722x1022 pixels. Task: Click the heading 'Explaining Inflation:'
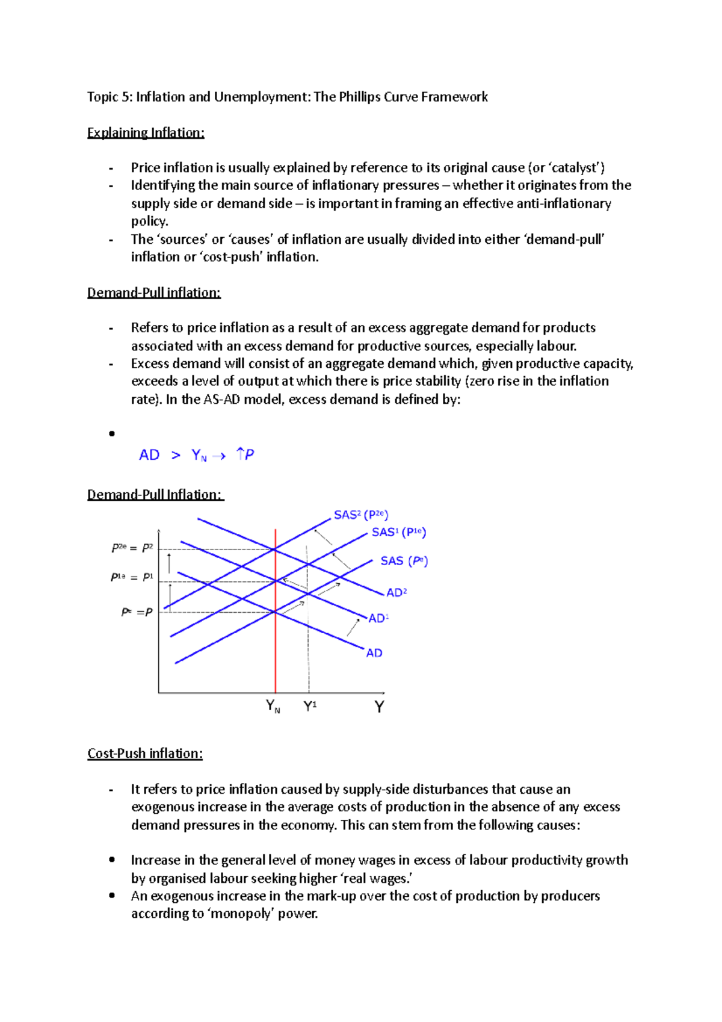(x=146, y=132)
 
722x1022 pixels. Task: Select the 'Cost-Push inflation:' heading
(x=145, y=754)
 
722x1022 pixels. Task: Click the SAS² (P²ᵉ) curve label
(x=361, y=515)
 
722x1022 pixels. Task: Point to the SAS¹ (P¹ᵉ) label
(x=398, y=532)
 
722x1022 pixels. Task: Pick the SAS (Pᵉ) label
(x=404, y=561)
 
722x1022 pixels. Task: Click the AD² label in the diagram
(x=396, y=593)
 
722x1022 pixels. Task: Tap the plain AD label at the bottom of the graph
(x=374, y=653)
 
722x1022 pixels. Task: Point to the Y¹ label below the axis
(x=310, y=706)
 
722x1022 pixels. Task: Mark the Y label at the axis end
(x=379, y=707)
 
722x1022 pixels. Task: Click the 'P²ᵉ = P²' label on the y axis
(x=132, y=548)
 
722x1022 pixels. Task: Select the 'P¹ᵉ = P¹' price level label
(x=132, y=577)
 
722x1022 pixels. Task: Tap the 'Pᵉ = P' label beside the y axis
(x=137, y=612)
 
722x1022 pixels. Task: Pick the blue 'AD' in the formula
(x=149, y=455)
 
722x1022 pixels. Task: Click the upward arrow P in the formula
(x=245, y=454)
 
